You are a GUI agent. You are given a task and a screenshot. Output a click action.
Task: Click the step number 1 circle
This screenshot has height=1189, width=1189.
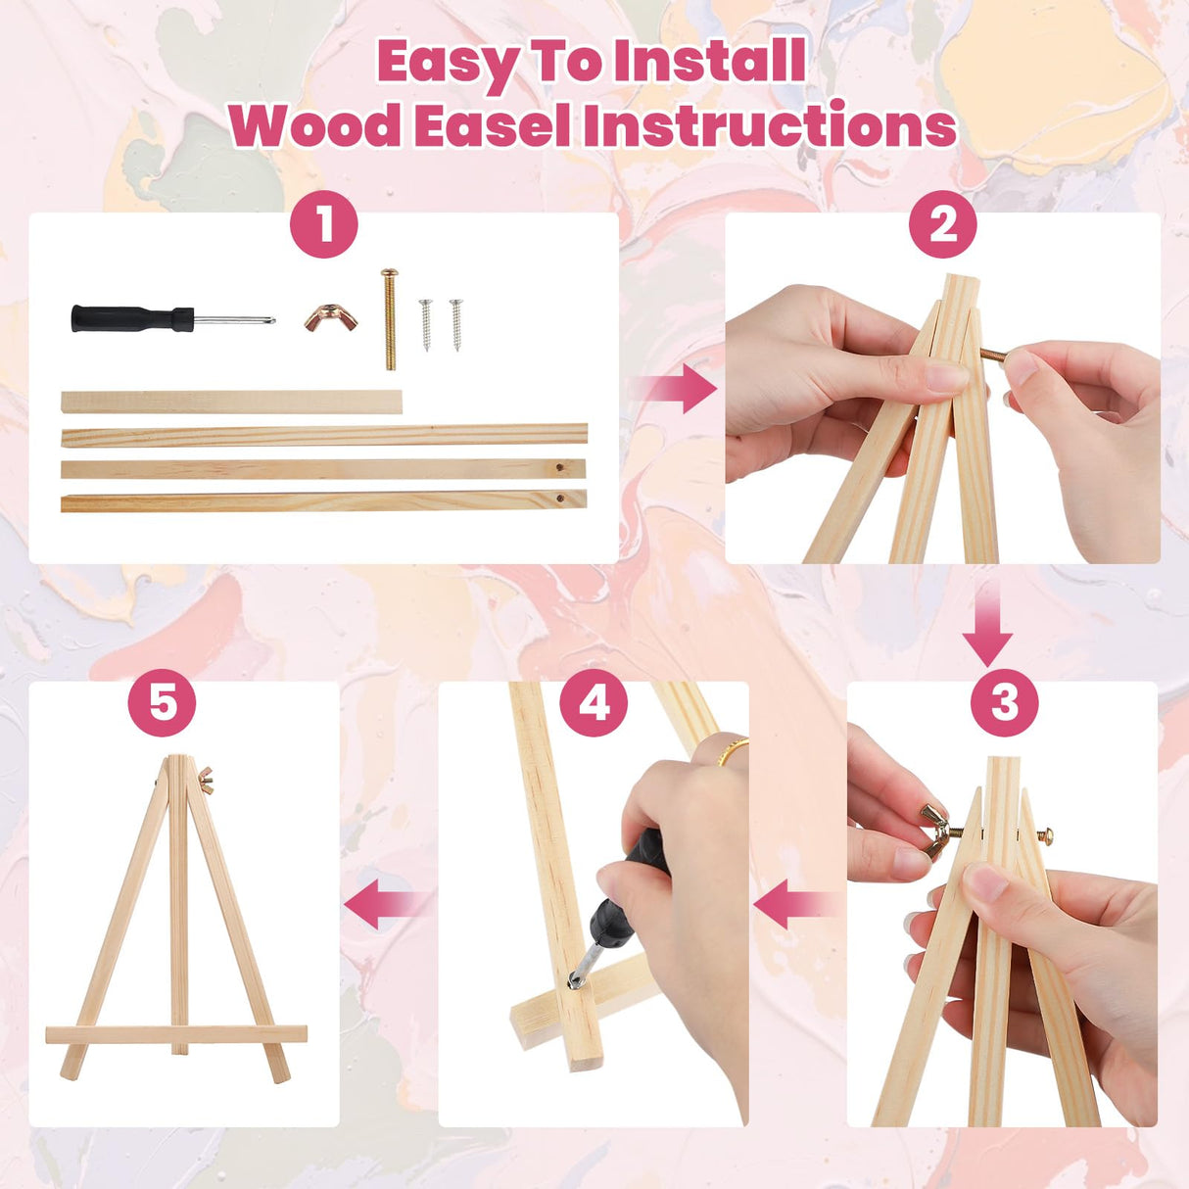[324, 224]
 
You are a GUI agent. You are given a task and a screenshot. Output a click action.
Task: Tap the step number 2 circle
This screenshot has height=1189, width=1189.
[942, 224]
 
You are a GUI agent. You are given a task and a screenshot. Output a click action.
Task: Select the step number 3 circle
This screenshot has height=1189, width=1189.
[1004, 703]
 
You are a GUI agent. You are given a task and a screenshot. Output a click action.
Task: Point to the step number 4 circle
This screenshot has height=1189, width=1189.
[594, 703]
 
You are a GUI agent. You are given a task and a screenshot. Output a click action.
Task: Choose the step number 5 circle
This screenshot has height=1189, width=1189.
[163, 703]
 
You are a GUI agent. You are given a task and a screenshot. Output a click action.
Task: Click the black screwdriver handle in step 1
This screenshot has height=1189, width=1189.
[130, 318]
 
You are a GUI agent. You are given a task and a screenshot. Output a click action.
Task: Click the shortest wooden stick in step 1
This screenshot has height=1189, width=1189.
[231, 402]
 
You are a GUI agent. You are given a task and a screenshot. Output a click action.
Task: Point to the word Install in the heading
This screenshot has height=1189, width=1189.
[709, 62]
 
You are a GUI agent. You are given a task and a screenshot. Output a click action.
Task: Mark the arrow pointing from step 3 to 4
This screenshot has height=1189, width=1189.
[796, 903]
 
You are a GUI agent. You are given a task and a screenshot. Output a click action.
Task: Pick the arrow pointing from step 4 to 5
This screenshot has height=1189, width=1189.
[385, 903]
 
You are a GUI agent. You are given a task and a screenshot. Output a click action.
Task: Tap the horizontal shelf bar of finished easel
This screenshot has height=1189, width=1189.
[176, 1034]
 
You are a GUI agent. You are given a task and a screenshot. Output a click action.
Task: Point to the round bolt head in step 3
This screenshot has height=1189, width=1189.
[1044, 835]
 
